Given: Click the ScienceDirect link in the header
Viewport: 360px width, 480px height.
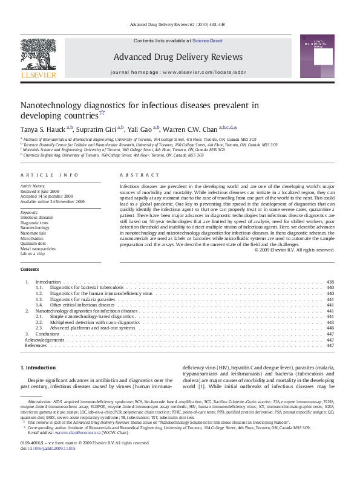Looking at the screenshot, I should (208, 41).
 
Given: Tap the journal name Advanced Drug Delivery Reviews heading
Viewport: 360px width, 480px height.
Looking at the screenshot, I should (178, 57).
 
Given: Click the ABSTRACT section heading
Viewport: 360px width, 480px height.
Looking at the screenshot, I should (135, 175).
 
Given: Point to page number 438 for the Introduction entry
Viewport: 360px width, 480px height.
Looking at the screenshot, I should (330, 282).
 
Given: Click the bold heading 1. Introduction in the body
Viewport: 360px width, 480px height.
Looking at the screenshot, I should (38, 368).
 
